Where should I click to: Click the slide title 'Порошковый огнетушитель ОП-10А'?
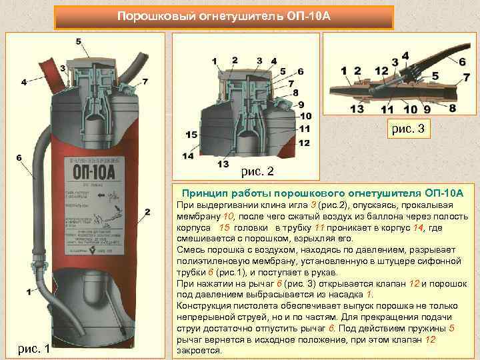tap(223, 15)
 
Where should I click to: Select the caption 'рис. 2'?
tap(257, 171)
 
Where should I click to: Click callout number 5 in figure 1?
tap(79, 41)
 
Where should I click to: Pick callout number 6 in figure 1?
tap(19, 158)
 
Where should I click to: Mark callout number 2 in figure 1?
tap(147, 212)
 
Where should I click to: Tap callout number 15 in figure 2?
tap(191, 135)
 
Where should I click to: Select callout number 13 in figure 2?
tap(222, 163)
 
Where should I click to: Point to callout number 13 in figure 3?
tap(357, 109)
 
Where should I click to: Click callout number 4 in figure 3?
tap(405, 55)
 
